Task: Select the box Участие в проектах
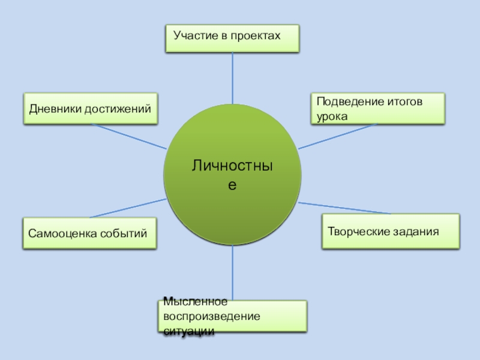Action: pyautogui.click(x=232, y=38)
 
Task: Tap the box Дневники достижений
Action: pyautogui.click(x=91, y=108)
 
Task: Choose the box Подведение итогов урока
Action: pyautogui.click(x=378, y=109)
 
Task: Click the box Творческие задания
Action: pyautogui.click(x=391, y=231)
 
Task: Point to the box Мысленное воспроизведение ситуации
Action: pyautogui.click(x=233, y=316)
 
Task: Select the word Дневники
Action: pyautogui.click(x=55, y=108)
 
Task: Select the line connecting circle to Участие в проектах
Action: pyautogui.click(x=232, y=78)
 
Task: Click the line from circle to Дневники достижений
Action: pyautogui.click(x=129, y=136)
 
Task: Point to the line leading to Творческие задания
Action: pyautogui.click(x=345, y=207)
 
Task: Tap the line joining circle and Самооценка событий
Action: pyautogui.click(x=128, y=208)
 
